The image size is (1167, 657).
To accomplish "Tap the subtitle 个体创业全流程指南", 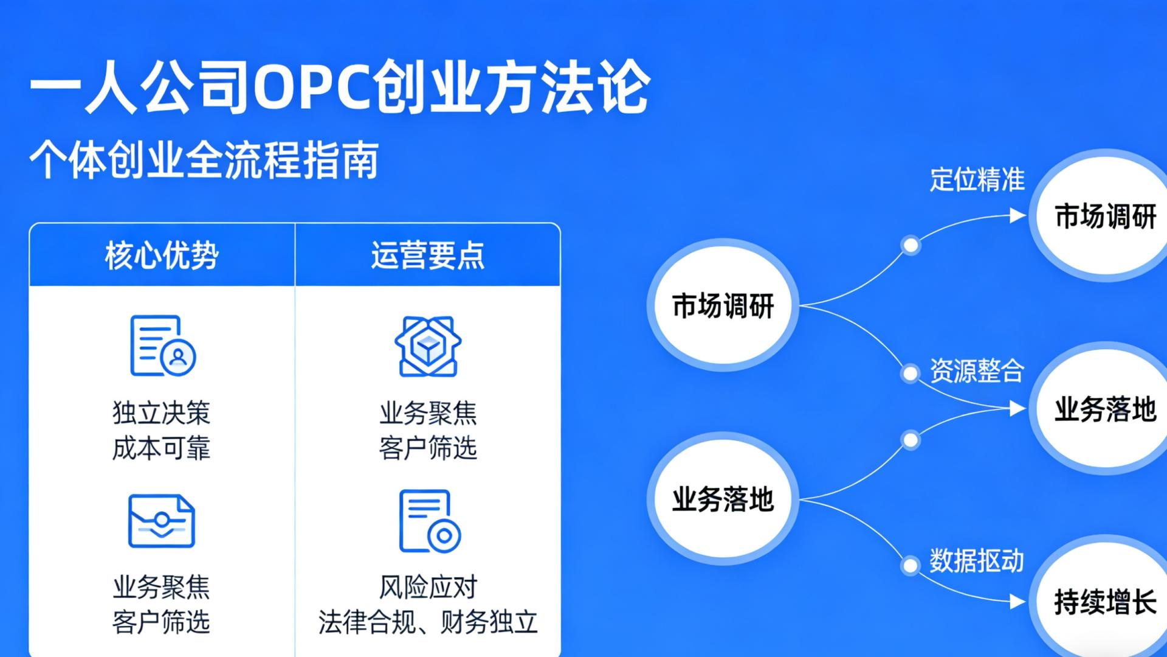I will pyautogui.click(x=204, y=160).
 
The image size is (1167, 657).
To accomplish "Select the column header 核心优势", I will pyautogui.click(x=162, y=255).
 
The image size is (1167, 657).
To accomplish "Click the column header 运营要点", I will pyautogui.click(x=428, y=255).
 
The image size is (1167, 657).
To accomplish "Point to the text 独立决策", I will pyautogui.click(x=162, y=413).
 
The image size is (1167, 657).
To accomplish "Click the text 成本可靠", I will pyautogui.click(x=162, y=448).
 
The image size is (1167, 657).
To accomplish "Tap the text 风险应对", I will pyautogui.click(x=428, y=587).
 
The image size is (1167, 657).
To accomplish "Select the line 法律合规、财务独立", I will pyautogui.click(x=428, y=622).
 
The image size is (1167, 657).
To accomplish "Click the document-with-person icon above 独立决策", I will pyautogui.click(x=162, y=346).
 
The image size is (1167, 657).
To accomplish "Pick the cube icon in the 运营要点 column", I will pyautogui.click(x=428, y=346).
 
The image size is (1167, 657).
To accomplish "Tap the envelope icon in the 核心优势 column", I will pyautogui.click(x=162, y=521).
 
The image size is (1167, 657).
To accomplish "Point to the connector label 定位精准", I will pyautogui.click(x=977, y=180).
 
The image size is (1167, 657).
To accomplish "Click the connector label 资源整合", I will pyautogui.click(x=977, y=371).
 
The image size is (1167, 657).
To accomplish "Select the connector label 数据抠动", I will pyautogui.click(x=977, y=561).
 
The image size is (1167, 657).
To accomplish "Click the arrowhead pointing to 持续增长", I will pyautogui.click(x=1017, y=602).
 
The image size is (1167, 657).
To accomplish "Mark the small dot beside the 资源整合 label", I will pyautogui.click(x=910, y=373).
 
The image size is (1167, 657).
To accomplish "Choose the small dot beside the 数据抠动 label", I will pyautogui.click(x=910, y=566).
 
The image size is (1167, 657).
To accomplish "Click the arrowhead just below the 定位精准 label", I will pyautogui.click(x=1017, y=215).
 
